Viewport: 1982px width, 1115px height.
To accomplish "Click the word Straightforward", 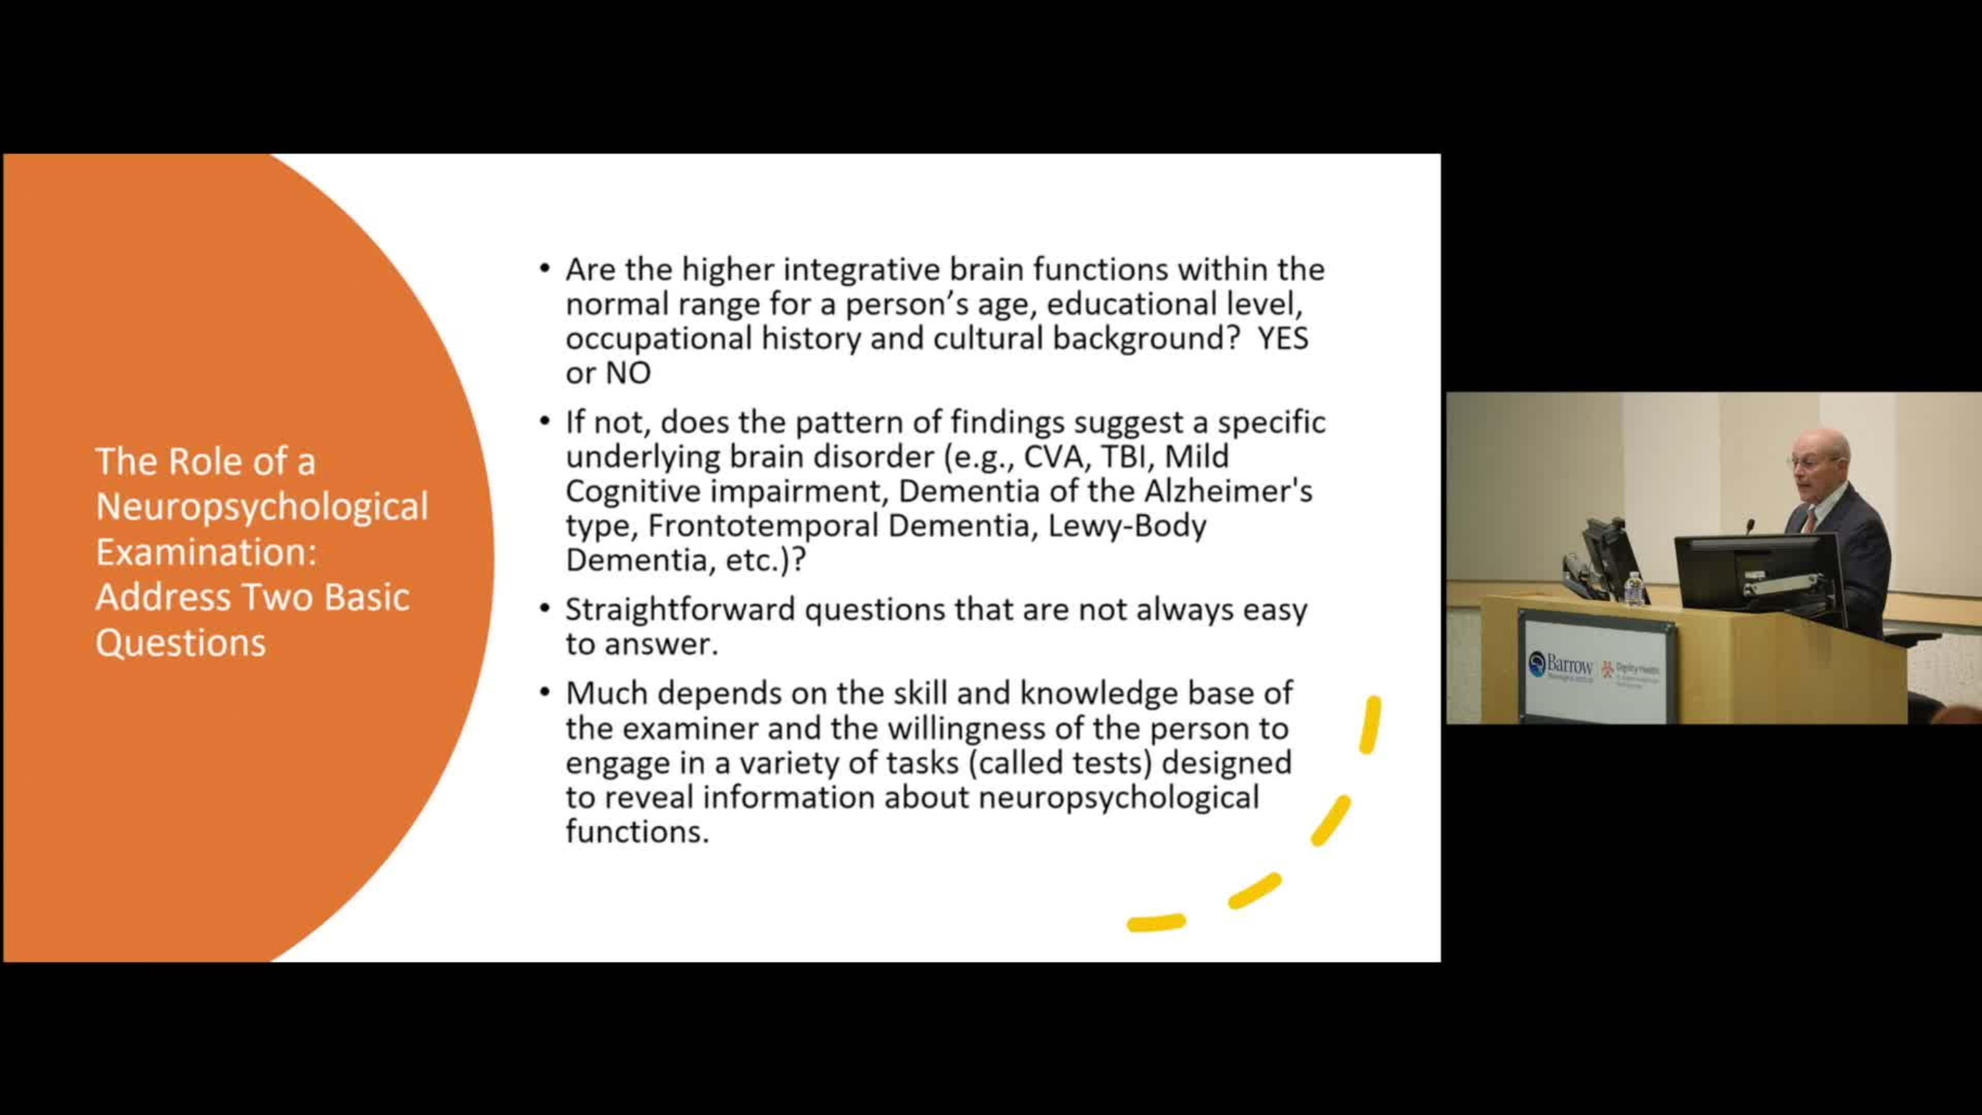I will (680, 610).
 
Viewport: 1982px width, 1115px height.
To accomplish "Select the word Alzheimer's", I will (1229, 491).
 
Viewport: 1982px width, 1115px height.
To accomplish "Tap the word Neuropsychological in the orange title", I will (262, 507).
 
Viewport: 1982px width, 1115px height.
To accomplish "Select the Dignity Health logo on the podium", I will (1631, 671).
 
